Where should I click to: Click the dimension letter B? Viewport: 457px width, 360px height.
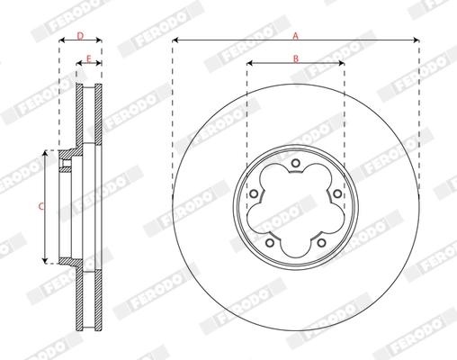295,57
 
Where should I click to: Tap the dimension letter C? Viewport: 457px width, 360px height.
40,207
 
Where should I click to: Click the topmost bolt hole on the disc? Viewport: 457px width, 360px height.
296,163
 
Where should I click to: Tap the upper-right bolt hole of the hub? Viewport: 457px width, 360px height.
336,193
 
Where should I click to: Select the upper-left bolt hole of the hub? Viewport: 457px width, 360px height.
255,193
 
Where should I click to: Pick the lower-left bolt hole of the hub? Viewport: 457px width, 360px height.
271,240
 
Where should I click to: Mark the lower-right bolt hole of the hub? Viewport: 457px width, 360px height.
320,240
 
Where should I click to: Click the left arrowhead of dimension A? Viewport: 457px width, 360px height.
175,40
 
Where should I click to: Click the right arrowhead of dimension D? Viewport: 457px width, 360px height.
99,40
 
